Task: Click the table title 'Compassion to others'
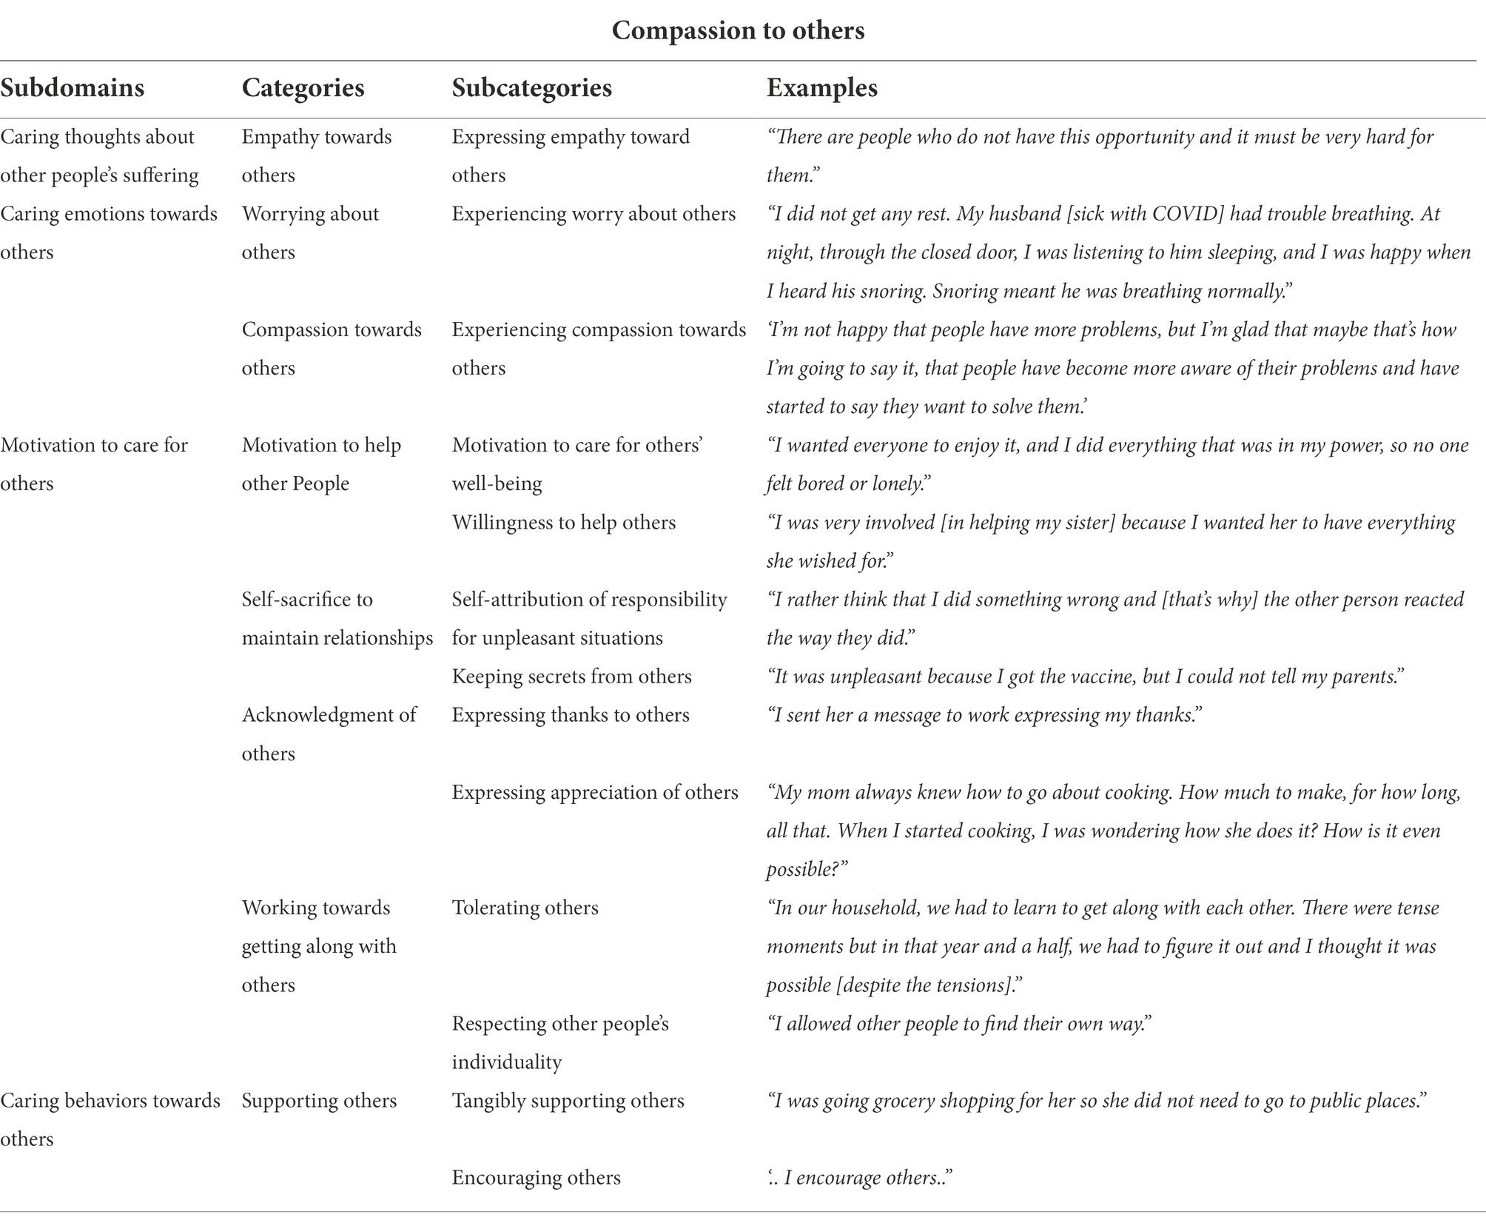coord(738,30)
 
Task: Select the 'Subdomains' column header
coord(72,88)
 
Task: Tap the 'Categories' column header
coord(303,88)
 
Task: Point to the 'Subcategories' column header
coord(531,88)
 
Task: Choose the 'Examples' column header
coord(821,88)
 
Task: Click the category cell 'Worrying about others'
coord(310,232)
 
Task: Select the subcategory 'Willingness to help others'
coord(563,523)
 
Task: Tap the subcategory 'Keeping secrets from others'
coord(571,677)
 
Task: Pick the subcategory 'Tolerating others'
coord(525,908)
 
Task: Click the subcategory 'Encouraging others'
coord(536,1177)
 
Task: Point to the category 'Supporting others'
coord(319,1100)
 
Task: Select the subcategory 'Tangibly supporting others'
coord(568,1100)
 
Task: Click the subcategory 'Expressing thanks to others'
coord(571,715)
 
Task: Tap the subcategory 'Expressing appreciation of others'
coord(595,792)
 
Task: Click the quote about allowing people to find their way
coord(959,1023)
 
